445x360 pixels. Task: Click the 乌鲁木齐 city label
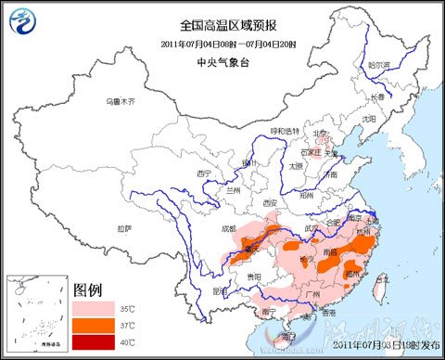click(120, 100)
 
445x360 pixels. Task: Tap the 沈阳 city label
click(369, 119)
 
